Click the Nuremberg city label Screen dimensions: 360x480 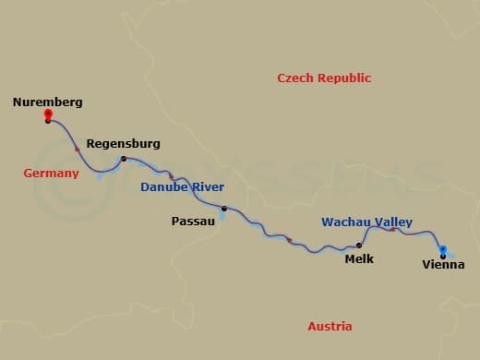pyautogui.click(x=47, y=102)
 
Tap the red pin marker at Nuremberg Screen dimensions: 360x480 pyautogui.click(x=48, y=115)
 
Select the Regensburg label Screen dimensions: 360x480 pyautogui.click(x=123, y=144)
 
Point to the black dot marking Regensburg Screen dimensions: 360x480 pyautogui.click(x=124, y=160)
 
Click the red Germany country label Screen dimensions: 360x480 pyautogui.click(x=51, y=174)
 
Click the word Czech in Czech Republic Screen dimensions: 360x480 pyautogui.click(x=297, y=78)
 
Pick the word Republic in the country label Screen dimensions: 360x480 pyautogui.click(x=344, y=78)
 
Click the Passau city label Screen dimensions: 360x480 pyautogui.click(x=193, y=222)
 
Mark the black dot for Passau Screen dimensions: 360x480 pyautogui.click(x=223, y=209)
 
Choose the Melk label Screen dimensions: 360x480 pyautogui.click(x=359, y=259)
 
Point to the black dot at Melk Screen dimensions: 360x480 pyautogui.click(x=359, y=246)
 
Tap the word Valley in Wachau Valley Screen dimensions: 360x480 pyautogui.click(x=394, y=222)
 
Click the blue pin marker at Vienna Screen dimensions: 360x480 pyautogui.click(x=443, y=248)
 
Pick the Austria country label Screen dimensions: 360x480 pyautogui.click(x=330, y=327)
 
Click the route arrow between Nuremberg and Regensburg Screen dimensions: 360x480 pyautogui.click(x=78, y=148)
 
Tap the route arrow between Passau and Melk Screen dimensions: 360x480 pyautogui.click(x=291, y=240)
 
